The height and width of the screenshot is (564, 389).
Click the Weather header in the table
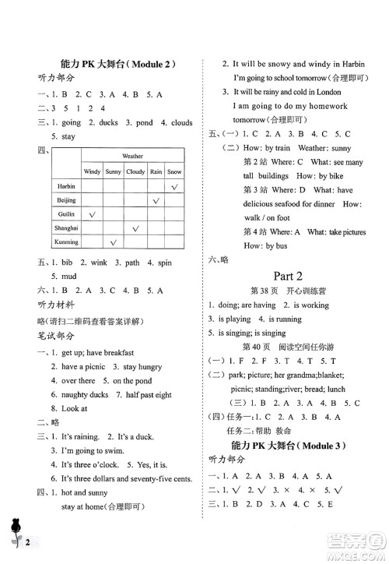click(132, 156)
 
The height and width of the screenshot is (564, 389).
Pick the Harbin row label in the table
click(65, 186)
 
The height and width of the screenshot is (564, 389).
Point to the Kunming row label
click(65, 242)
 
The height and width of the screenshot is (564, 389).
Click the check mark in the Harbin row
click(175, 187)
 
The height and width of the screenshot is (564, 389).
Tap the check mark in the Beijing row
click(156, 201)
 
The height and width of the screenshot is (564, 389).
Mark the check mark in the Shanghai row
click(135, 228)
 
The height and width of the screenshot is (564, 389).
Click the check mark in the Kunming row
click(114, 242)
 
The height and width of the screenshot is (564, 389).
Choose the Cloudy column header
click(135, 171)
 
